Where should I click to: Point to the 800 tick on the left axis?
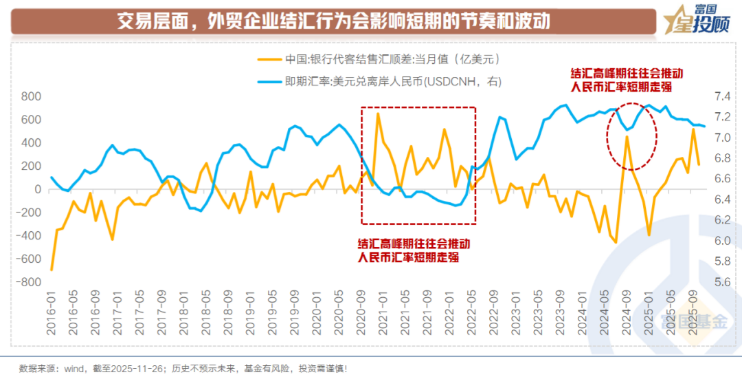coord(31,97)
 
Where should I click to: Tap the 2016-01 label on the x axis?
coord(52,315)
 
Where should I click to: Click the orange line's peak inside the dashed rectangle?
coord(378,114)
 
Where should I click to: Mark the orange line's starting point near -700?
coord(52,270)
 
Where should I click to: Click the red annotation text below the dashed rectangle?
coord(414,250)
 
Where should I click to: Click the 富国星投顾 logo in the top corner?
coord(698,21)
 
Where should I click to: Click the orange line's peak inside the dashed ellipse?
coord(627,137)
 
